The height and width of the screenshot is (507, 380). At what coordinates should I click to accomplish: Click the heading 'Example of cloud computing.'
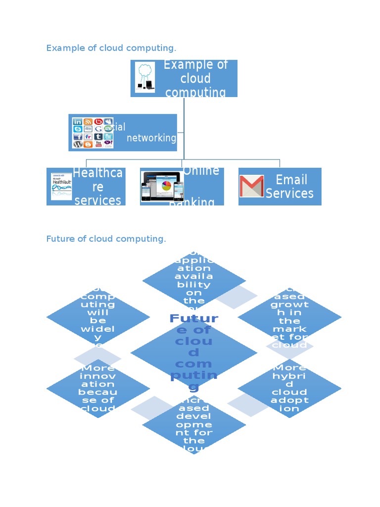(111, 48)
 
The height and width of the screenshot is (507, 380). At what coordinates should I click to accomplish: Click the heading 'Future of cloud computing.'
(106, 239)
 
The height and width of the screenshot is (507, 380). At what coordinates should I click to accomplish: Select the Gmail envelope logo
(251, 186)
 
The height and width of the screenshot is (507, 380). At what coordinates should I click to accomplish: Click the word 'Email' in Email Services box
(291, 180)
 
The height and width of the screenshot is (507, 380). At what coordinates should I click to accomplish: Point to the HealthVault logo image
(61, 186)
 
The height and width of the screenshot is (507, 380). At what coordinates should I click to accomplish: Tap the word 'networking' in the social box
(151, 138)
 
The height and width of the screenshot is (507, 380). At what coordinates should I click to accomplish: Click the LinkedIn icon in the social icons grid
(78, 122)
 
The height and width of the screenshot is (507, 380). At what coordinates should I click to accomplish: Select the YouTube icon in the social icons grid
(98, 144)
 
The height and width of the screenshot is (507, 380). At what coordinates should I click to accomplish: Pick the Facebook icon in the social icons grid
(78, 137)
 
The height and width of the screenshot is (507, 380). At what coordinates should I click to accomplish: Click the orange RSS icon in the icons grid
(88, 122)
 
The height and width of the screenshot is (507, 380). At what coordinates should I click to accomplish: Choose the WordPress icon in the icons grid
(78, 144)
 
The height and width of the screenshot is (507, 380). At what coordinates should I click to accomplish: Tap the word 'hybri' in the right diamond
(289, 376)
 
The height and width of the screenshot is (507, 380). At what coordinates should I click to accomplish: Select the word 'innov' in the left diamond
(97, 376)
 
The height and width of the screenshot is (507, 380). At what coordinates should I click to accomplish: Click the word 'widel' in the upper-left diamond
(97, 329)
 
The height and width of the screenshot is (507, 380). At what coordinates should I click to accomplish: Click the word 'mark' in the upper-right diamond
(289, 329)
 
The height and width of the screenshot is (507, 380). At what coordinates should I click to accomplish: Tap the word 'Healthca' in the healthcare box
(97, 173)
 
